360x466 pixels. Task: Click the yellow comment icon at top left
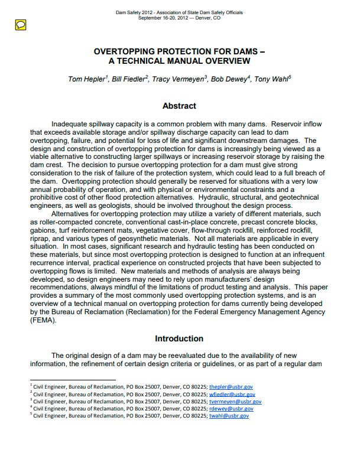pos(20,24)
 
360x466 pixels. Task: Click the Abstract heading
pos(179,106)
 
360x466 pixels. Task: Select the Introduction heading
pos(179,339)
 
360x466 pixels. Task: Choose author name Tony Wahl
pos(272,79)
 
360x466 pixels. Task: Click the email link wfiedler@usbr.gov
pos(233,394)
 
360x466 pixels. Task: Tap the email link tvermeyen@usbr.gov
pos(236,401)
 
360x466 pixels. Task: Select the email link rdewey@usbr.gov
pos(232,408)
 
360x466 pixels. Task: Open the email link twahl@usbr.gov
pos(229,415)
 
